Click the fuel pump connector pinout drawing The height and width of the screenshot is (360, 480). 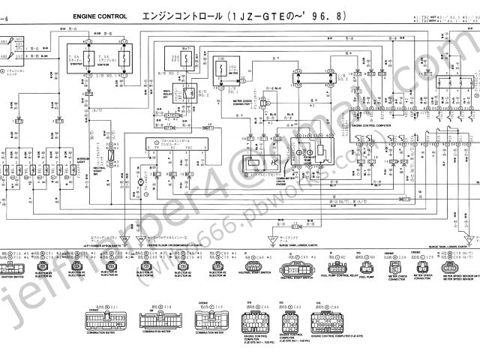(x=367, y=268)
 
